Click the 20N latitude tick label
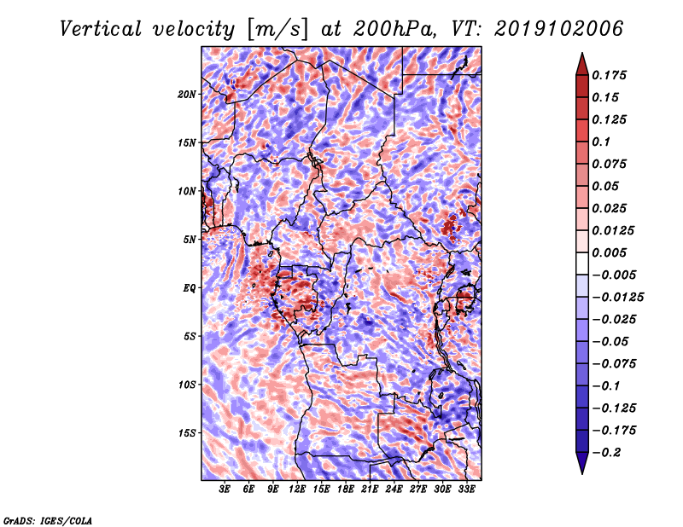pos(187,95)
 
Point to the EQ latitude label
pos(190,288)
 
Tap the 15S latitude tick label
pos(187,433)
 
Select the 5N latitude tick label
pos(190,240)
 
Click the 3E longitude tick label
pos(225,489)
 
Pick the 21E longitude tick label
pos(370,489)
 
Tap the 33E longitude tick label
pos(466,489)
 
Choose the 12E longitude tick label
pos(297,489)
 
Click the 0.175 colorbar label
pos(609,75)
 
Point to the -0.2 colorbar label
pos(606,453)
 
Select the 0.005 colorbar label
pos(609,252)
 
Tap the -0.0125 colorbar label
pos(617,298)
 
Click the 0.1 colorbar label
pos(601,142)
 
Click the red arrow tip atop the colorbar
pos(582,53)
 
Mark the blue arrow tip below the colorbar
pos(582,473)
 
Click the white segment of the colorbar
pos(582,263)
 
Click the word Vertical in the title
pos(100,29)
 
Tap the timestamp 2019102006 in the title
pos(559,29)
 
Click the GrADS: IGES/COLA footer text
pos(48,521)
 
